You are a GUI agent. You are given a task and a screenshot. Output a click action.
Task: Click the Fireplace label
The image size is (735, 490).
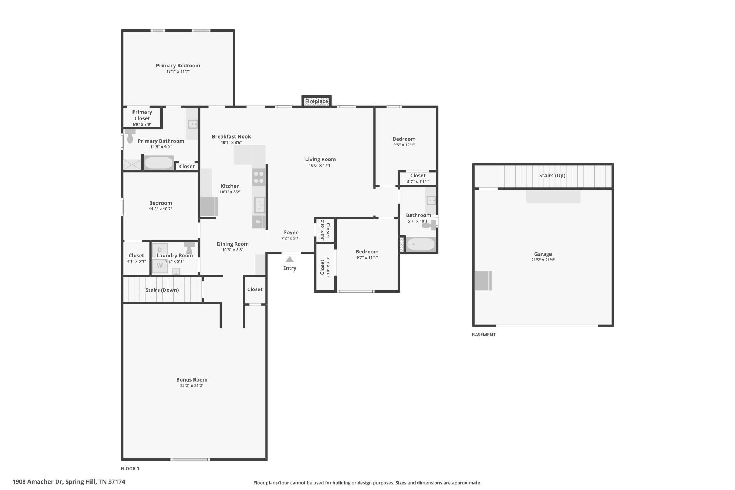tap(317, 101)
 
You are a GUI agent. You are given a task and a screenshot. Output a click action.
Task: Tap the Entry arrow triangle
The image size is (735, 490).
tap(290, 259)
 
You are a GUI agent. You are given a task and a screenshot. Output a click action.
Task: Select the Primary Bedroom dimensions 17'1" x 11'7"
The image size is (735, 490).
tap(178, 71)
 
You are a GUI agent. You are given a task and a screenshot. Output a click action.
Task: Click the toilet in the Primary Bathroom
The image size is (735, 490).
tap(130, 136)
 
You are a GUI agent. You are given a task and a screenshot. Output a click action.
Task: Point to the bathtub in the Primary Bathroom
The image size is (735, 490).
tap(159, 163)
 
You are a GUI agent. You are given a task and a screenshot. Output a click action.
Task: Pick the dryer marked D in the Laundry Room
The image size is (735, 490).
tap(160, 250)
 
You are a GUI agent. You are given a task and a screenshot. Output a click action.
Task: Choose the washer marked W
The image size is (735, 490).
tap(160, 266)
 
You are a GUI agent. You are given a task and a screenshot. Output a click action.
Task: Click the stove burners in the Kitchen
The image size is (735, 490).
tap(259, 177)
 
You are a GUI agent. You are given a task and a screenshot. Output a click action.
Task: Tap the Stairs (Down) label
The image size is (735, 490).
tap(162, 290)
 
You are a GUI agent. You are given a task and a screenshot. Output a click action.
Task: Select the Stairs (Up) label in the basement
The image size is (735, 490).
tap(552, 176)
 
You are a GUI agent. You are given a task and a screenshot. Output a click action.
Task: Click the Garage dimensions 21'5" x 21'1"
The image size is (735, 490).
tap(543, 260)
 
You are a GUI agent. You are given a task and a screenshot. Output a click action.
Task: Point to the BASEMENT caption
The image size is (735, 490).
tap(483, 335)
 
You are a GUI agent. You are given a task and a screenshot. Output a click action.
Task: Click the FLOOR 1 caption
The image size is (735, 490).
tap(130, 468)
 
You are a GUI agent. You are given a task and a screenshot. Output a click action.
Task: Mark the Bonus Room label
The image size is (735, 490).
tap(192, 379)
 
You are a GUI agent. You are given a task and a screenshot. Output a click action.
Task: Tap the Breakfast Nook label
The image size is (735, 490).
tap(231, 136)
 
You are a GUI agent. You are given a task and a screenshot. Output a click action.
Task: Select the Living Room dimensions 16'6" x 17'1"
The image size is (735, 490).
tap(320, 165)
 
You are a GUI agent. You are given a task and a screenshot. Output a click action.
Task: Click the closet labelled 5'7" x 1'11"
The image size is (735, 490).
tap(418, 178)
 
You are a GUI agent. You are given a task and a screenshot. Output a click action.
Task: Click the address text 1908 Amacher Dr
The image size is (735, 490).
tap(38, 482)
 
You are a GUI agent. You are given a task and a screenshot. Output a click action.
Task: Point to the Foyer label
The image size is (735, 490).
tap(291, 232)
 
